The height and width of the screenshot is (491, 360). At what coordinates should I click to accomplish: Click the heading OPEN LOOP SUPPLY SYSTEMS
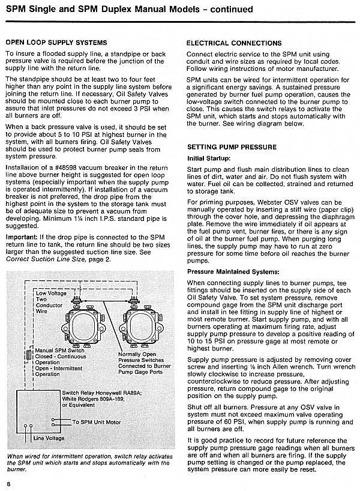pyautogui.click(x=56, y=43)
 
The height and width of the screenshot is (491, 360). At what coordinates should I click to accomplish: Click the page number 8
pyautogui.click(x=9, y=484)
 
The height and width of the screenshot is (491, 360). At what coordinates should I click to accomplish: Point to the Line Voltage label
pyautogui.click(x=50, y=438)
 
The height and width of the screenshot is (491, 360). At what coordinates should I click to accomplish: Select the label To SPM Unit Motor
pyautogui.click(x=96, y=422)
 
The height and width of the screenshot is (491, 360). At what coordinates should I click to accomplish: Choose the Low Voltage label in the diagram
pyautogui.click(x=51, y=294)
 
